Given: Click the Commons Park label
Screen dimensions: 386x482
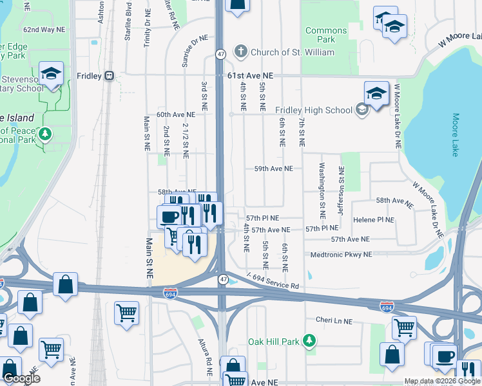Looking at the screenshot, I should coord(325,35).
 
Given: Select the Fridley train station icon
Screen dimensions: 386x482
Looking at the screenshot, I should coord(110,76).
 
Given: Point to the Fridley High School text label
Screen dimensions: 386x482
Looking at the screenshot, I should coord(314,110).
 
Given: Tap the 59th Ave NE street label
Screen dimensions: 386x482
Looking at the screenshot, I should coord(273,169).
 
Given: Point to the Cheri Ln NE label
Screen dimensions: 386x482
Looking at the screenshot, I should coord(334,320).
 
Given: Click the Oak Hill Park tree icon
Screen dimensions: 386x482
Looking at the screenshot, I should coord(310,340).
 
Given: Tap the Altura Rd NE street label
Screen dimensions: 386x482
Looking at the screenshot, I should coord(205,357).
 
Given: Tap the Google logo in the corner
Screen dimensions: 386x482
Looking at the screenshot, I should coord(21,378).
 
